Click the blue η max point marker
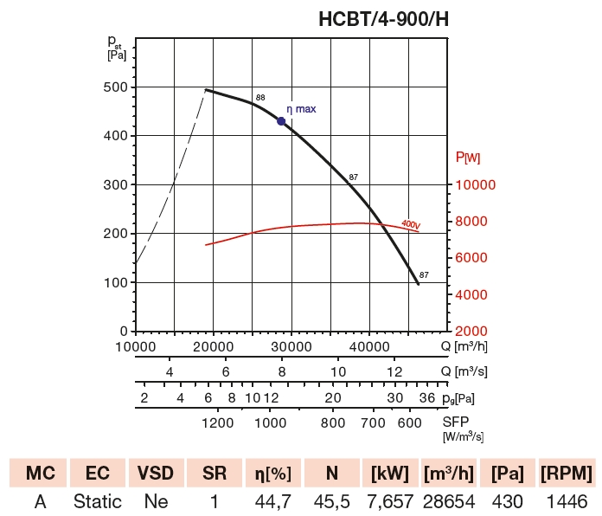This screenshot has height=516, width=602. (281, 121)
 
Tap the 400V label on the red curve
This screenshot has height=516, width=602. (410, 225)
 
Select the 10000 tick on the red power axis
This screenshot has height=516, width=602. (475, 185)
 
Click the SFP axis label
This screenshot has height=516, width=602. (456, 422)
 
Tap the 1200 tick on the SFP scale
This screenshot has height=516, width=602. (217, 422)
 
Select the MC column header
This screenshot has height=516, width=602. (40, 473)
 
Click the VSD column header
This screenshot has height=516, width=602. (157, 473)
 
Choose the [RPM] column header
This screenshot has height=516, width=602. (567, 473)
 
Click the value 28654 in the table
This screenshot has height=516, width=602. (450, 501)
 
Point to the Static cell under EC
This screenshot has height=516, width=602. (98, 501)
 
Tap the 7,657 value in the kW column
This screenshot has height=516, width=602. (390, 501)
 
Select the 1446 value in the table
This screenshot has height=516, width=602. (567, 501)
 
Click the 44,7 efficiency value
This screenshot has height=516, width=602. (273, 501)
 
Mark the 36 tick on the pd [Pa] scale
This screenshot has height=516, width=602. (426, 398)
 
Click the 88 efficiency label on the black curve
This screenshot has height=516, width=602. (260, 97)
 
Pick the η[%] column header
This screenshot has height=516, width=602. (273, 473)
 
